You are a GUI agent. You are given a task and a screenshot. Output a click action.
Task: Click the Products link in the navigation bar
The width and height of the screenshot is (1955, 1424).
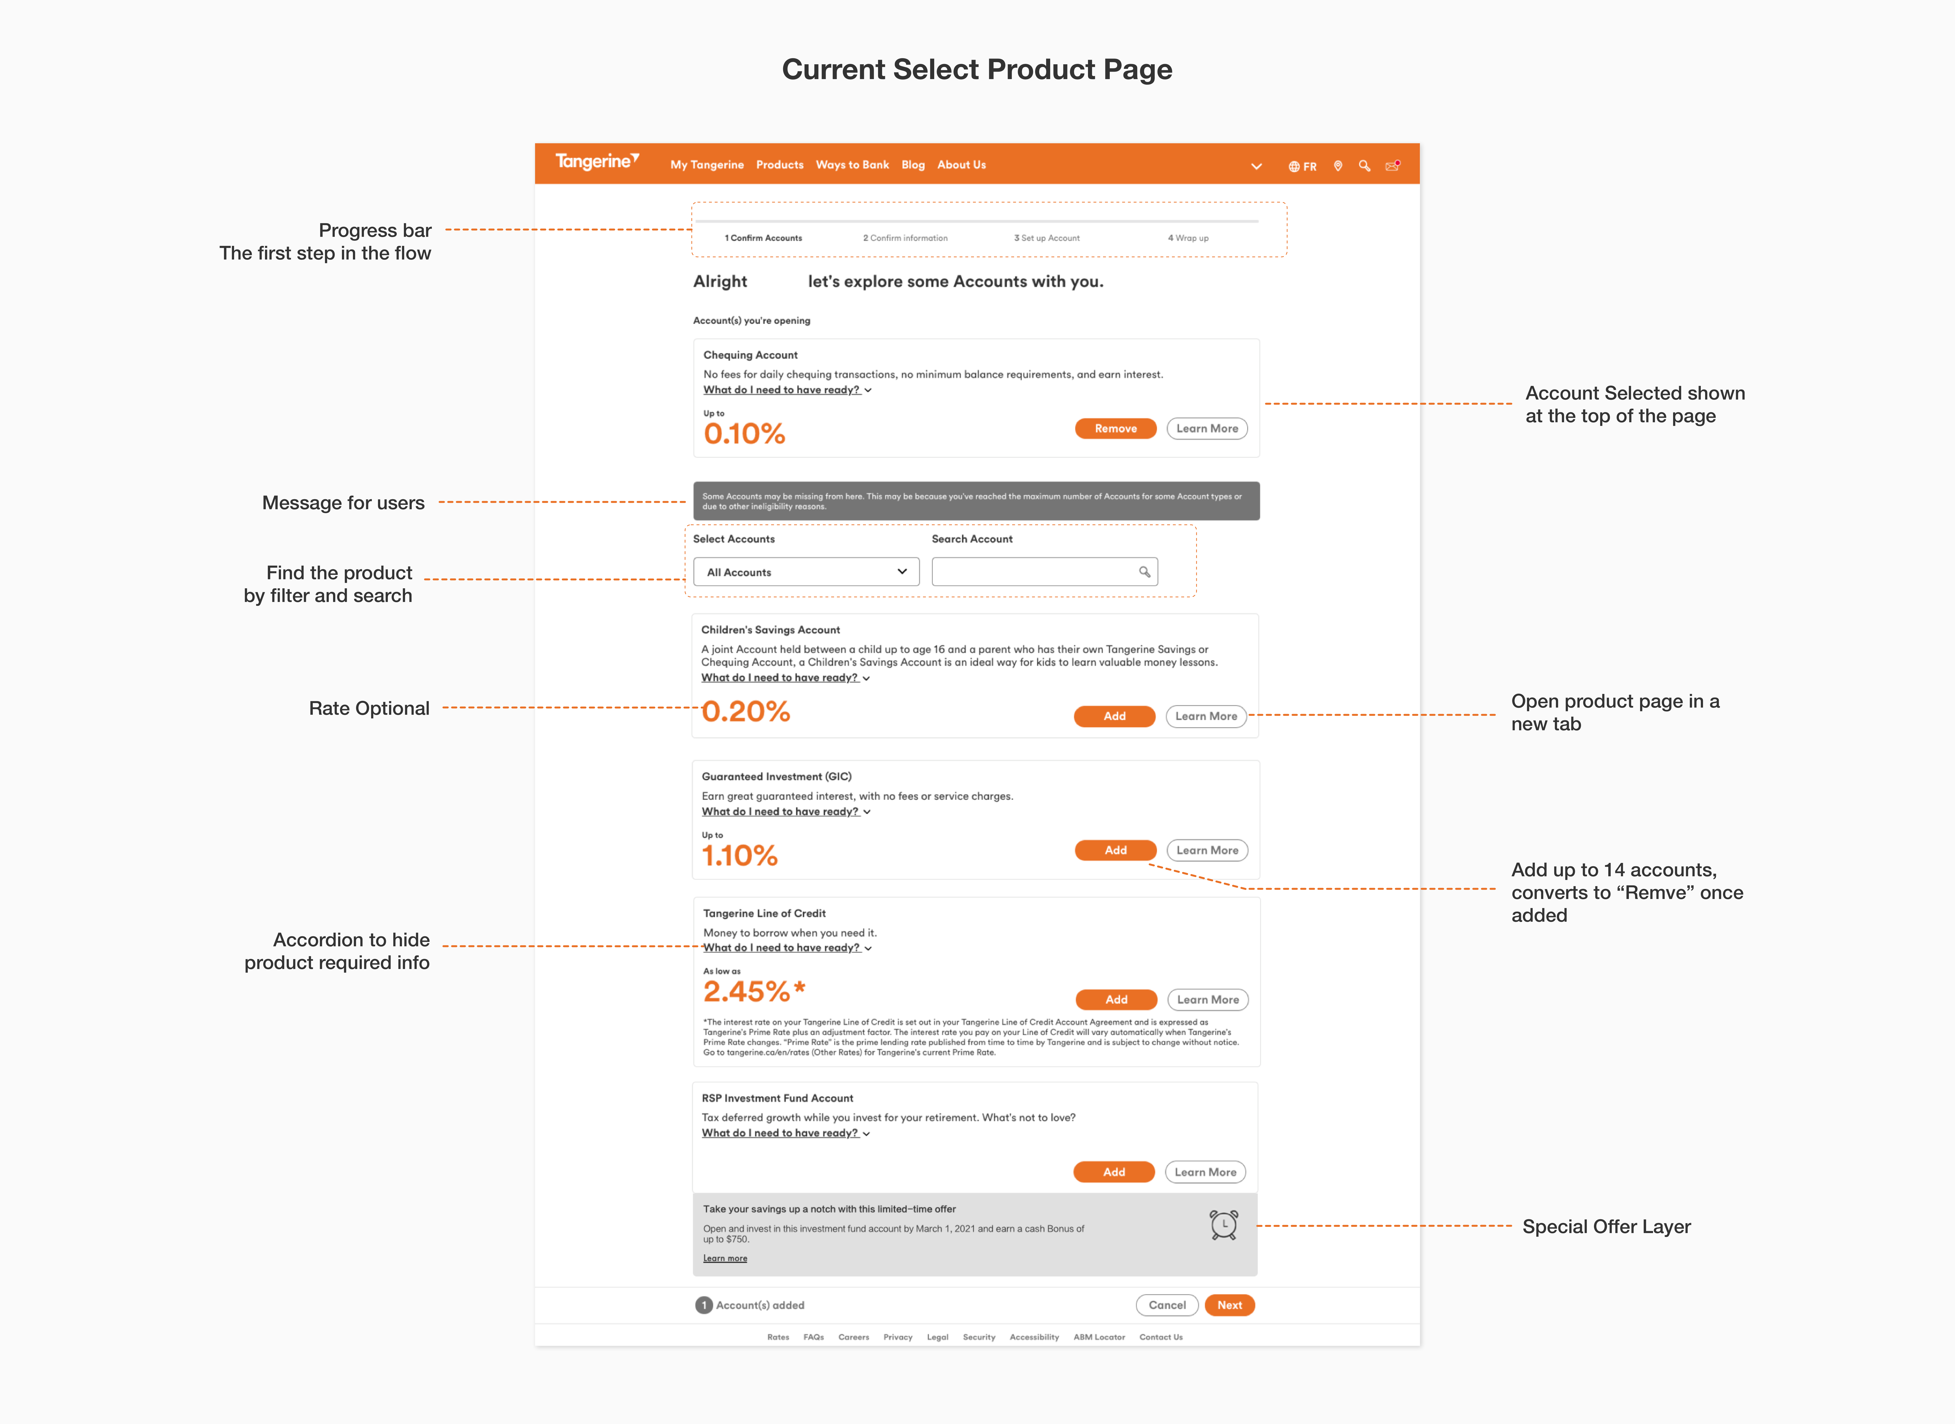pyautogui.click(x=780, y=165)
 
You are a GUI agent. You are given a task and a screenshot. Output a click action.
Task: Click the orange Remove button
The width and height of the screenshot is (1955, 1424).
pyautogui.click(x=1115, y=428)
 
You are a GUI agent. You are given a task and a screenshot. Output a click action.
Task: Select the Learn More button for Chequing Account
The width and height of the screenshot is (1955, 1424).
pyautogui.click(x=1207, y=428)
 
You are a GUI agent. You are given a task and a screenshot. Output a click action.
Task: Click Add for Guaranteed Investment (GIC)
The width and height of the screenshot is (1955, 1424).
pyautogui.click(x=1115, y=850)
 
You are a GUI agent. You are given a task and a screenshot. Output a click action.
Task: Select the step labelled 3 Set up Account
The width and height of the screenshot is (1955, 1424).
pyautogui.click(x=1046, y=238)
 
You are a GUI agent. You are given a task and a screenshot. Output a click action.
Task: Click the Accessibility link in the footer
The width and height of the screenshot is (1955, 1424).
pyautogui.click(x=1034, y=1337)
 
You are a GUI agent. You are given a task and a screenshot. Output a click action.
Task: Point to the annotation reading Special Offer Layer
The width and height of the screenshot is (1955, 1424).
pyautogui.click(x=1606, y=1227)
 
